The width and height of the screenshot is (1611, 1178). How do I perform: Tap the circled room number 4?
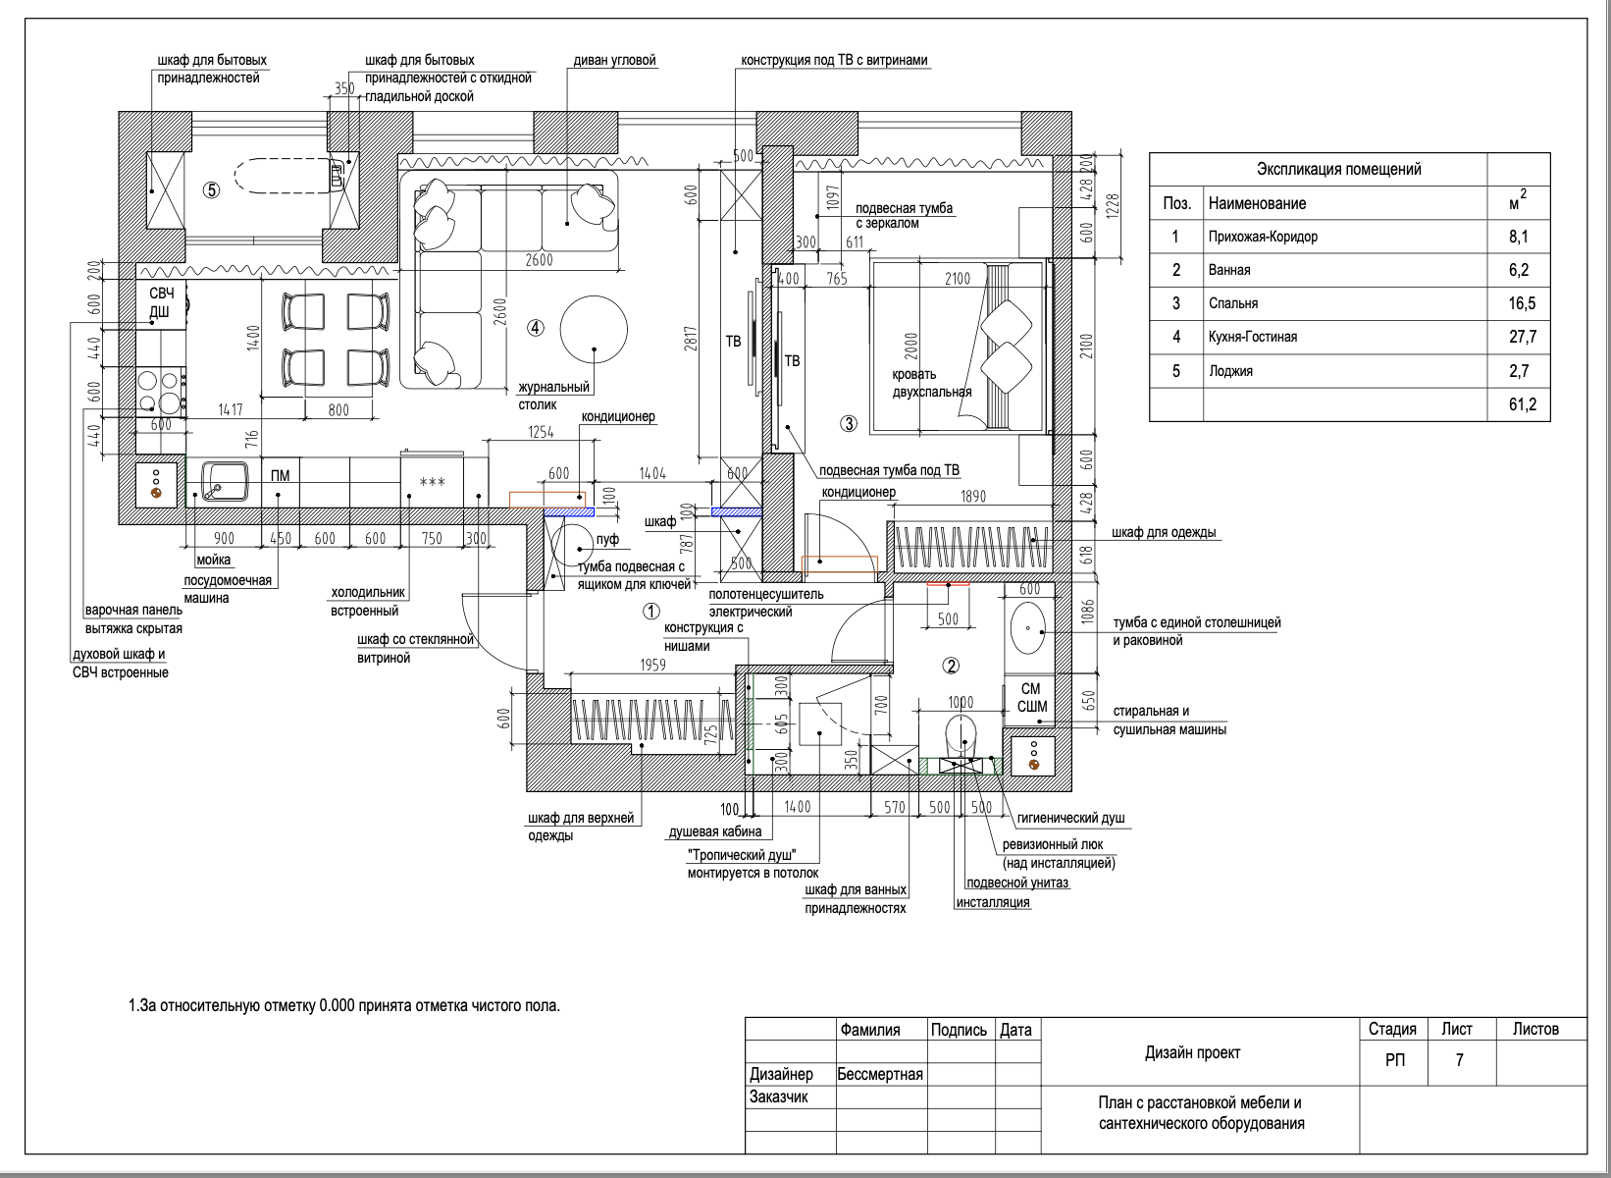pyautogui.click(x=535, y=328)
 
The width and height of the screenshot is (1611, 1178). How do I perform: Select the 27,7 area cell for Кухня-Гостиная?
pyautogui.click(x=1523, y=337)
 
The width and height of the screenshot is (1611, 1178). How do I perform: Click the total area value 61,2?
pyautogui.click(x=1523, y=404)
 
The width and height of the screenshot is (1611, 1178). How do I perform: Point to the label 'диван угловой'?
pyautogui.click(x=615, y=61)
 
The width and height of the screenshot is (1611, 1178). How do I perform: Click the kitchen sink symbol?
pyautogui.click(x=225, y=481)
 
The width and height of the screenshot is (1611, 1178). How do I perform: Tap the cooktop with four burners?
pyautogui.click(x=160, y=392)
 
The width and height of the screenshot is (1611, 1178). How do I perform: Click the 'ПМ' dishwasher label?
pyautogui.click(x=281, y=476)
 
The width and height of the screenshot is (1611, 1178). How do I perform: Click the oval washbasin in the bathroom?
pyautogui.click(x=1028, y=628)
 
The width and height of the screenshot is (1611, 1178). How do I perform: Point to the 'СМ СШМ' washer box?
pyautogui.click(x=1030, y=698)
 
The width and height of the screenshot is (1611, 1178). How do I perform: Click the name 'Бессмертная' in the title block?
pyautogui.click(x=880, y=1074)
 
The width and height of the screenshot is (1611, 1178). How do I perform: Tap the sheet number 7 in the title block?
pyautogui.click(x=1459, y=1060)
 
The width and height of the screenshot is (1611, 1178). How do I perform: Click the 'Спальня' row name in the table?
pyautogui.click(x=1233, y=303)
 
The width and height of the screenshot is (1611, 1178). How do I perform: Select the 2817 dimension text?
pyautogui.click(x=691, y=339)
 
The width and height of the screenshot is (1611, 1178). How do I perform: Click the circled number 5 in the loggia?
pyautogui.click(x=211, y=190)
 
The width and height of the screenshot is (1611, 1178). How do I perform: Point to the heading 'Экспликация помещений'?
pyautogui.click(x=1338, y=169)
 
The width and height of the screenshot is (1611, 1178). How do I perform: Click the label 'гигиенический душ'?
pyautogui.click(x=1070, y=818)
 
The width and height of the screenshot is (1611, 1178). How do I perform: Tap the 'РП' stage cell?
pyautogui.click(x=1394, y=1060)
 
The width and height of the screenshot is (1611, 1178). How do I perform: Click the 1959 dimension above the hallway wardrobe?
pyautogui.click(x=653, y=665)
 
